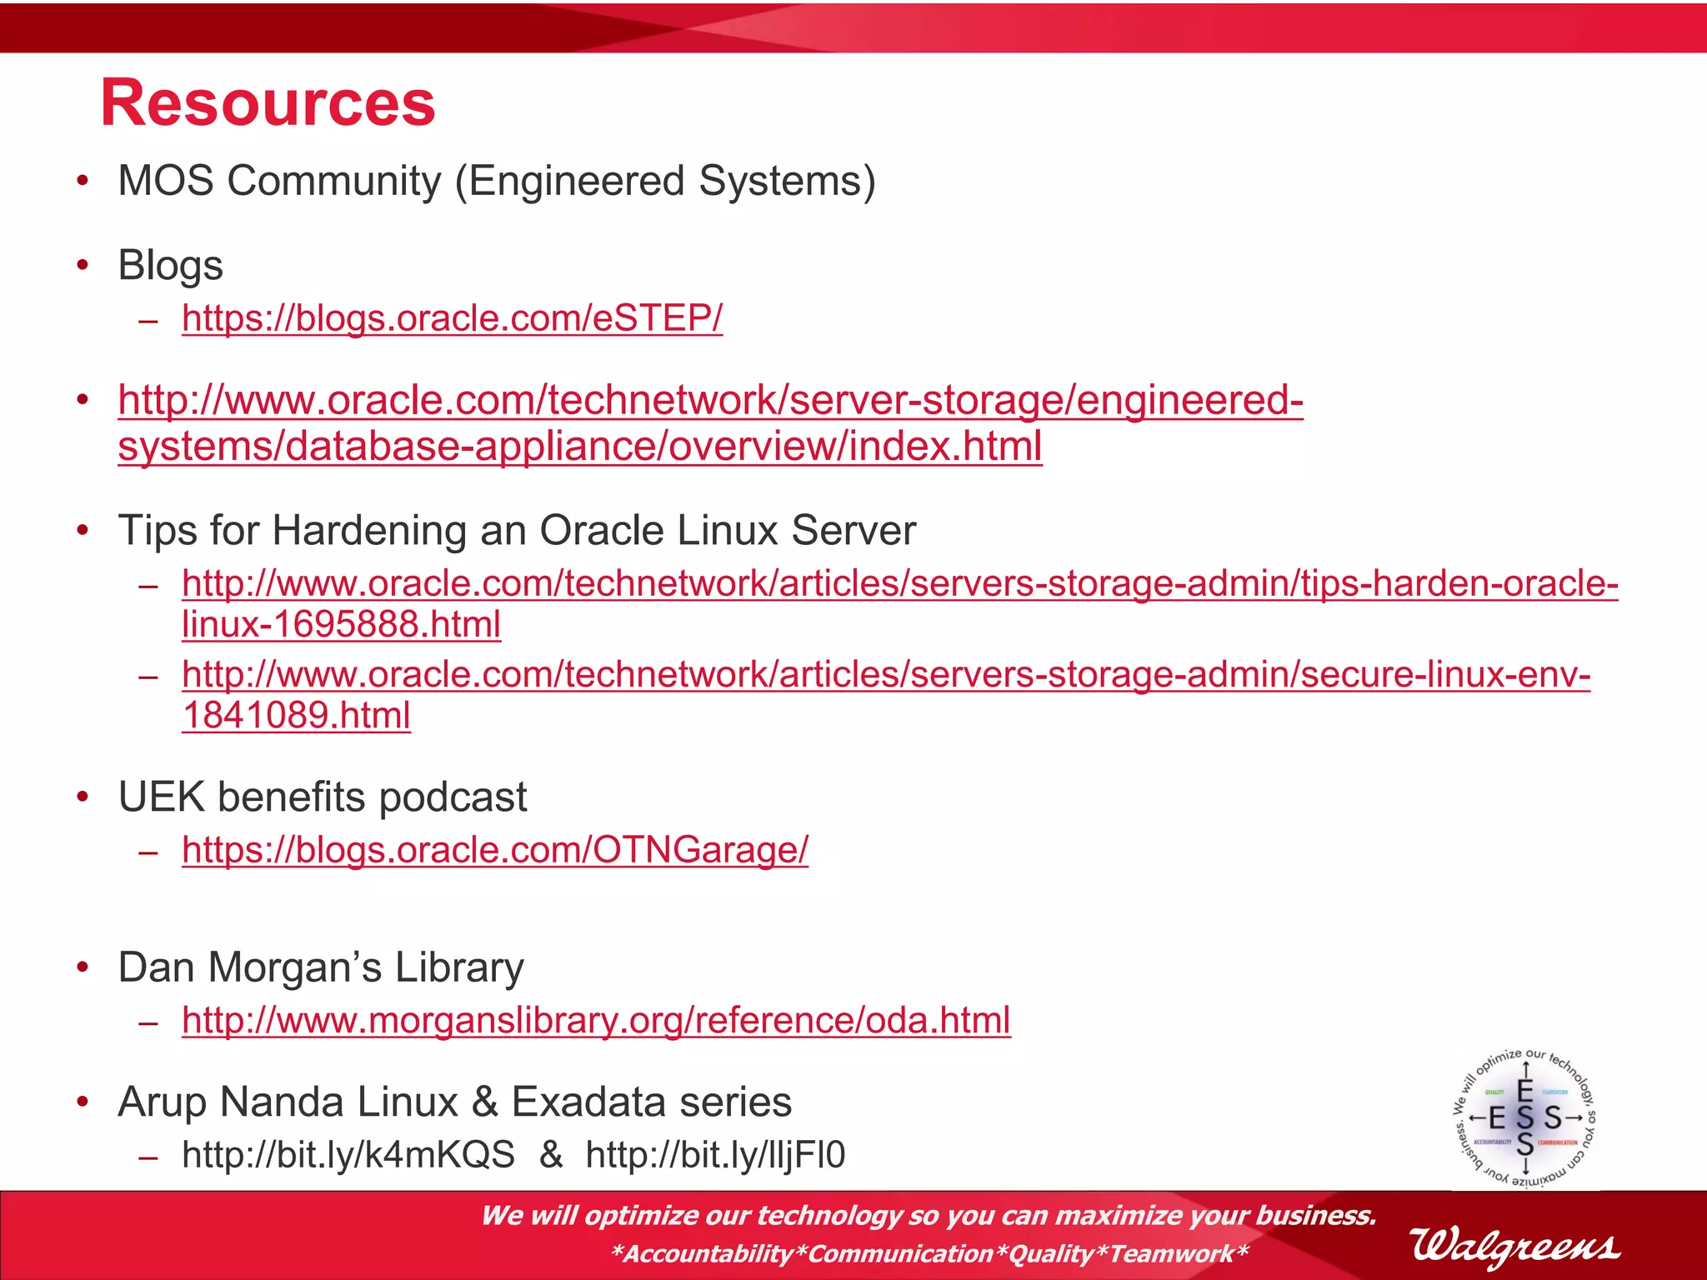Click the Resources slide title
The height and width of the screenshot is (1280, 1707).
click(x=268, y=102)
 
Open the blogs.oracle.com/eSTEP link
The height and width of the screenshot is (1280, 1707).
click(x=452, y=317)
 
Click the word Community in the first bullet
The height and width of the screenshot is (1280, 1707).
click(x=333, y=181)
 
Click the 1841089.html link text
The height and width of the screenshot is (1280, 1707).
click(x=296, y=715)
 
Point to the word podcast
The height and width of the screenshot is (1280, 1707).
click(x=453, y=797)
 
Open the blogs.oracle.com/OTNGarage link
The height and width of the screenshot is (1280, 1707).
click(x=495, y=850)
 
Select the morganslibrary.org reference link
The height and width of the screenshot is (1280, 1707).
click(x=596, y=1020)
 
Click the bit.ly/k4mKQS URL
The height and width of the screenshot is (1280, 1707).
click(x=348, y=1155)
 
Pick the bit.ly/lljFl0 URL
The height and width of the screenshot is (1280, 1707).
click(x=715, y=1155)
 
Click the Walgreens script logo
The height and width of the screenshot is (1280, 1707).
click(x=1514, y=1246)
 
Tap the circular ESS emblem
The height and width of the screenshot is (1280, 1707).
click(x=1524, y=1117)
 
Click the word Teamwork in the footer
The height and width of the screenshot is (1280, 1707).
click(x=1171, y=1253)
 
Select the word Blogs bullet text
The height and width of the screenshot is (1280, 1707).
click(x=171, y=266)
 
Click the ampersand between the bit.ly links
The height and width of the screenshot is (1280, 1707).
click(x=551, y=1155)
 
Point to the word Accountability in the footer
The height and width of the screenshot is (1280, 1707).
click(x=708, y=1253)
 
